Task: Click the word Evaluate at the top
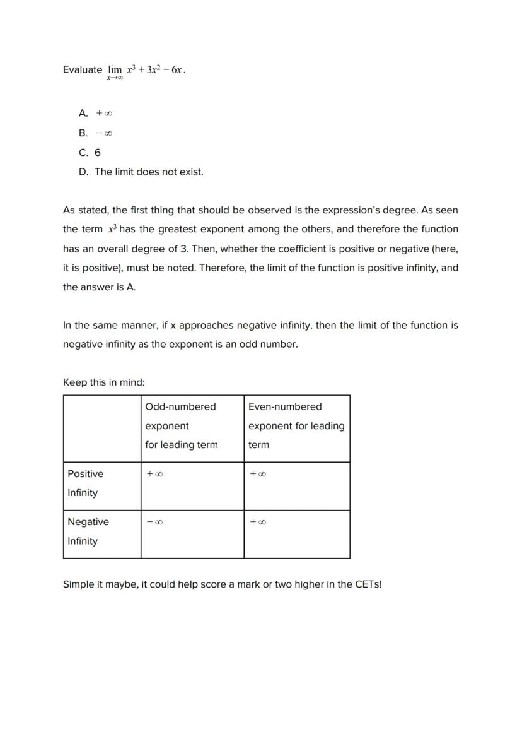[x=82, y=69]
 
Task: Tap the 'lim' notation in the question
[x=115, y=69]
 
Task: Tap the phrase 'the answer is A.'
[x=100, y=287]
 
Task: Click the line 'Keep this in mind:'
[x=104, y=382]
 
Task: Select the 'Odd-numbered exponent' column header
[x=181, y=425]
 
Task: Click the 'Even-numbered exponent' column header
[x=296, y=425]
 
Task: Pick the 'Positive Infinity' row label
[x=85, y=483]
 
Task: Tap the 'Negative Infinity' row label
[x=88, y=531]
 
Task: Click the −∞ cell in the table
[x=154, y=523]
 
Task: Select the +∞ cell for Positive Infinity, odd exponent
[x=154, y=474]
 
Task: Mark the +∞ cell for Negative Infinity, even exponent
[x=257, y=523]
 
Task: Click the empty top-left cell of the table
[x=101, y=429]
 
